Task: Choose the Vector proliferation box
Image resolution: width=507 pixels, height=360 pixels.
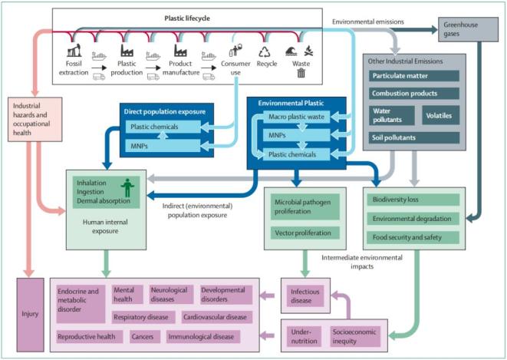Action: pos(302,232)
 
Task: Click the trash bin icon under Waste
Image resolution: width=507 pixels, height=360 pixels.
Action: pos(301,74)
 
